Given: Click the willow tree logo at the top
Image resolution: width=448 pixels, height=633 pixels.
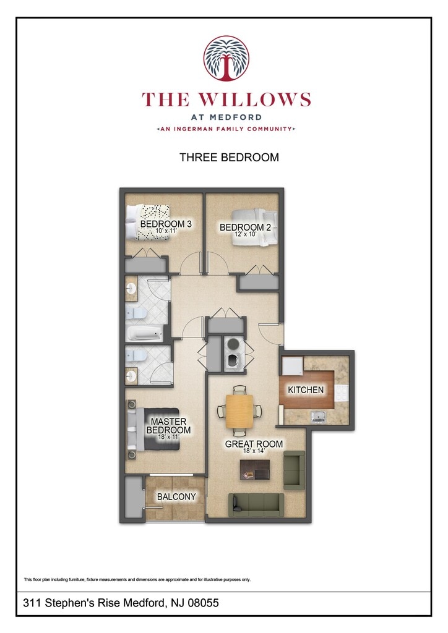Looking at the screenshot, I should point(226,58).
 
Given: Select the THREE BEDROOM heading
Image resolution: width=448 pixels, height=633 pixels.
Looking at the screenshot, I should point(229,158).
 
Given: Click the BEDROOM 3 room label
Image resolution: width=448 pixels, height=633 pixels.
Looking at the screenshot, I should point(162,224).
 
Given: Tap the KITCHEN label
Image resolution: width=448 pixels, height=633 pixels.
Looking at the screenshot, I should point(306,390).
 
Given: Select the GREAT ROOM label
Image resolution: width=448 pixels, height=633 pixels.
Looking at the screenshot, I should point(254,444).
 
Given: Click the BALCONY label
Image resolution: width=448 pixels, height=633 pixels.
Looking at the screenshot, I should point(176,496).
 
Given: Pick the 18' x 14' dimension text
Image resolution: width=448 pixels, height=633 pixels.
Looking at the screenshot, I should point(254,452).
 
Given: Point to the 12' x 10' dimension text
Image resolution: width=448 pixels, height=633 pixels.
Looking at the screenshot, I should point(245,235).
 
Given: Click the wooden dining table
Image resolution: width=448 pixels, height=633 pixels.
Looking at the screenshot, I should point(239,411).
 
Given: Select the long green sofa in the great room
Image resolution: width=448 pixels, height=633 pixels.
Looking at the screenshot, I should point(256,504).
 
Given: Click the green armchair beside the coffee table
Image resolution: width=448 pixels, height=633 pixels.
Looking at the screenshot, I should point(294,470).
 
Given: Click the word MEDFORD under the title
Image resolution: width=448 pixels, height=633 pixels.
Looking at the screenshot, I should point(226,117).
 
